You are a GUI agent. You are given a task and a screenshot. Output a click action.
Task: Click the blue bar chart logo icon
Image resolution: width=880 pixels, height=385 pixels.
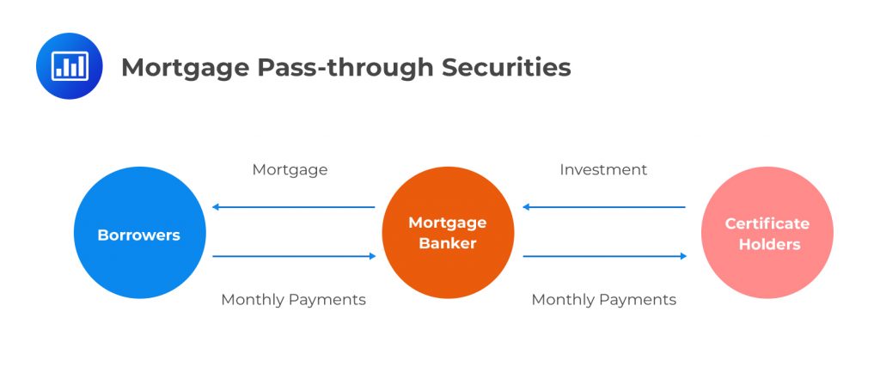click(69, 66)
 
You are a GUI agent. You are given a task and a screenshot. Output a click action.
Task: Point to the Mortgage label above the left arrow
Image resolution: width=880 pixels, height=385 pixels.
click(290, 170)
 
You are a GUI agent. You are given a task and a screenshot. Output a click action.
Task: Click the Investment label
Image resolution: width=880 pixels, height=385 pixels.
click(603, 170)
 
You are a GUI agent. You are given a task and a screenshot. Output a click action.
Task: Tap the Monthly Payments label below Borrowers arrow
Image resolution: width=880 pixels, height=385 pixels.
click(293, 300)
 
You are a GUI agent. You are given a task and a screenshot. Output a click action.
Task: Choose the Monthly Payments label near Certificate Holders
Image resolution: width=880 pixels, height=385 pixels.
click(603, 300)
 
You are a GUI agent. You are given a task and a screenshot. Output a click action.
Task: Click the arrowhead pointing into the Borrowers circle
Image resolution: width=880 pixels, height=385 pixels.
click(217, 207)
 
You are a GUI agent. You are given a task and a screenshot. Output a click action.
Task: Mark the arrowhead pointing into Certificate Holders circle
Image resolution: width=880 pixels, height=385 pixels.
click(683, 256)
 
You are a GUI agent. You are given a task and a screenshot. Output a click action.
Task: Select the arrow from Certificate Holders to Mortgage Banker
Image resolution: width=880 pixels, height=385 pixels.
click(604, 207)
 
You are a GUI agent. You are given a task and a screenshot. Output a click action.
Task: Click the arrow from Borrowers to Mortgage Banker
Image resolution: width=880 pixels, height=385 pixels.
click(294, 256)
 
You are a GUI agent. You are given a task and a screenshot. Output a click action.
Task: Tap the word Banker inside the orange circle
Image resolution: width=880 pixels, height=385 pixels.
click(447, 243)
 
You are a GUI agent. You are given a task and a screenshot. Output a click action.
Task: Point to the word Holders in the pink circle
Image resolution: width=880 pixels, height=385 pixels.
click(767, 245)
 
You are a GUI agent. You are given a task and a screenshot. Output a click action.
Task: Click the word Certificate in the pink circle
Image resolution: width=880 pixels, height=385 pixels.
click(767, 223)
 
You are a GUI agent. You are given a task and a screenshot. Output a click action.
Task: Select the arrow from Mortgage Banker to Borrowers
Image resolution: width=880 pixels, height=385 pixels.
click(294, 207)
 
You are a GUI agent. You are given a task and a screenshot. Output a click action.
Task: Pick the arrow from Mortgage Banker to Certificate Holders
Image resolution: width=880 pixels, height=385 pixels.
click(604, 256)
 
